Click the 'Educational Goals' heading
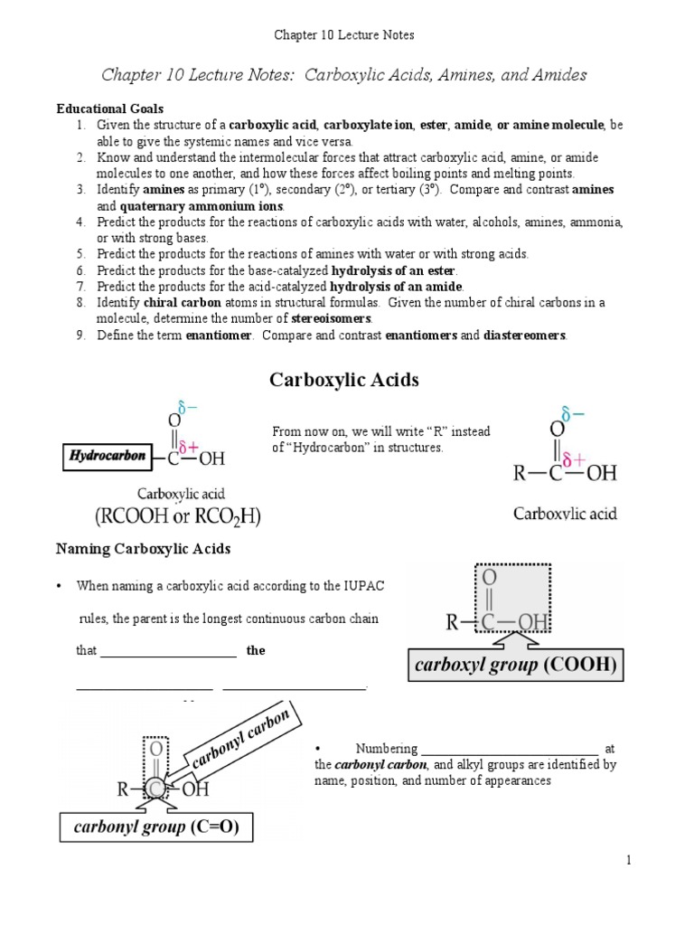point(109,109)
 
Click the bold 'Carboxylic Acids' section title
point(344,381)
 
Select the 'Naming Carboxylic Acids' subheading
point(144,549)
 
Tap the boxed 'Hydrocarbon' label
point(107,457)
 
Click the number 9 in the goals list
point(80,335)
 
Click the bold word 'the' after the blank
point(256,650)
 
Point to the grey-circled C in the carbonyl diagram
point(157,789)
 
